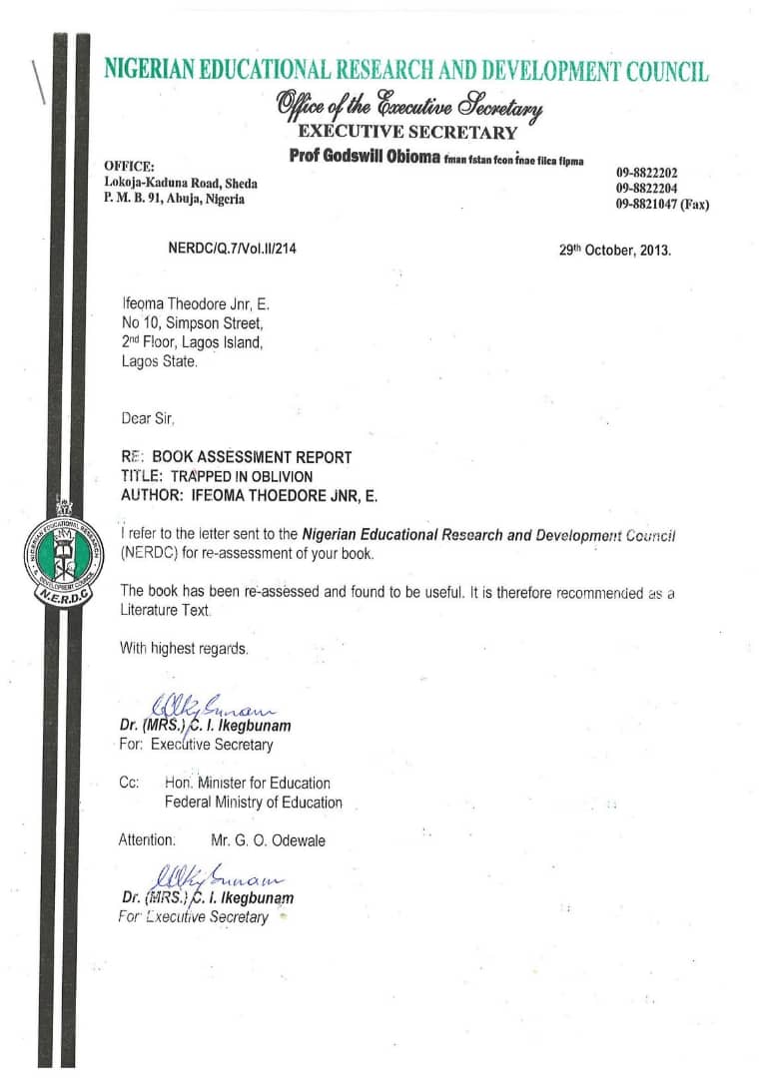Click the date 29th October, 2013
(615, 251)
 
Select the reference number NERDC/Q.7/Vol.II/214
(232, 249)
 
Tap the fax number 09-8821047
(662, 205)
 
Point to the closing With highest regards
(184, 648)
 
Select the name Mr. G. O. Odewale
(268, 840)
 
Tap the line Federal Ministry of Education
(254, 803)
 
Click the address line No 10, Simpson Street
(192, 323)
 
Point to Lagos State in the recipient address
(159, 362)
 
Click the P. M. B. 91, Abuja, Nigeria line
(174, 199)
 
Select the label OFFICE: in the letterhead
(129, 166)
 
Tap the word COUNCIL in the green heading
(667, 72)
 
